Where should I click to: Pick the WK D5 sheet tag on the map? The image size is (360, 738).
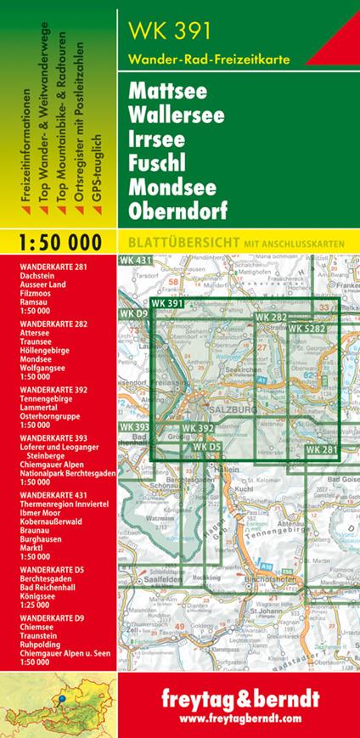207,447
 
